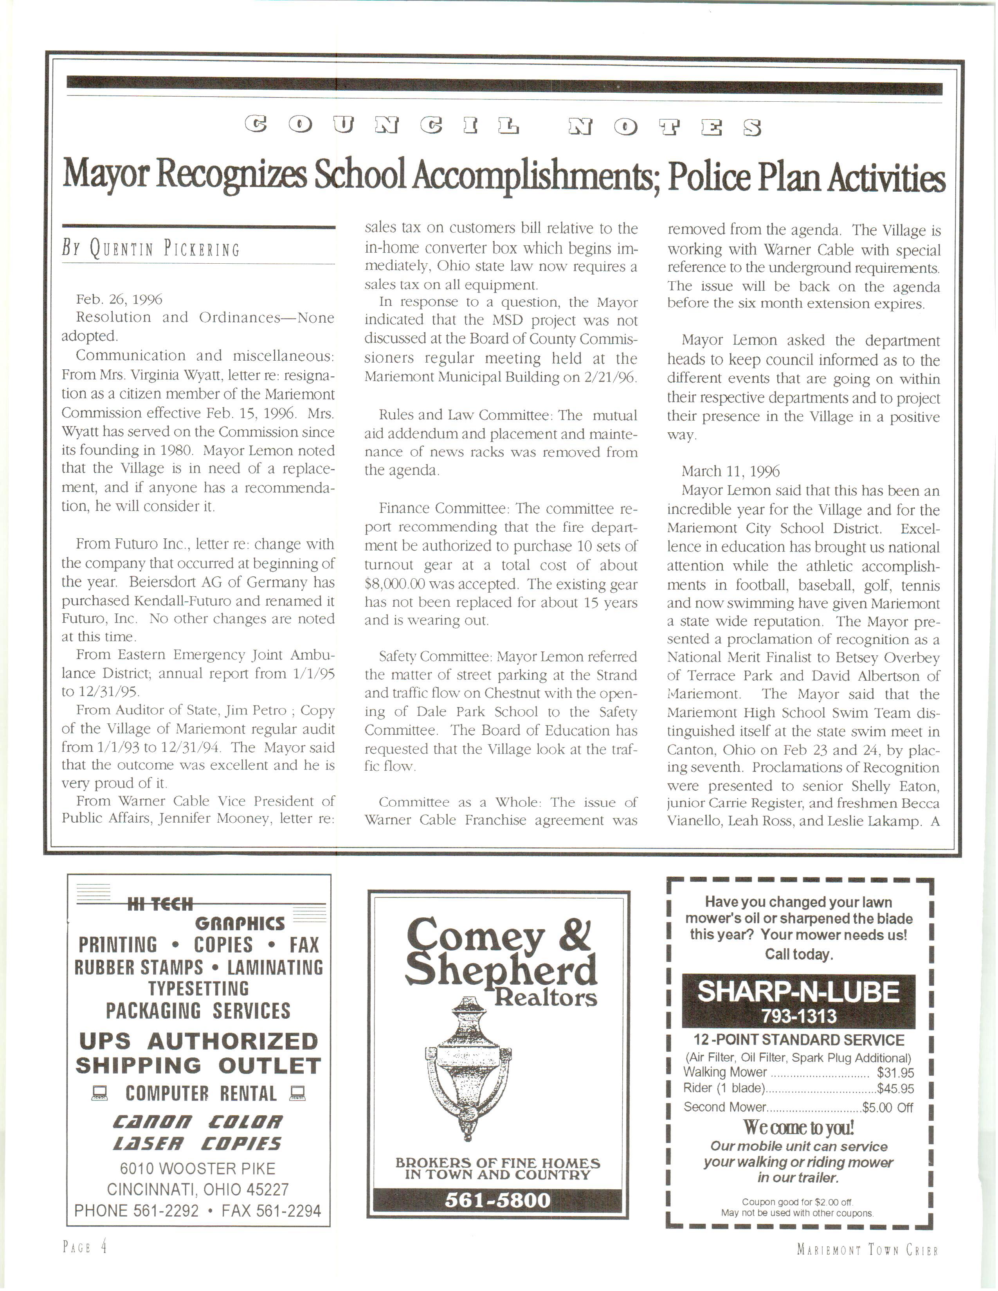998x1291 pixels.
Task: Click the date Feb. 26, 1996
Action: pos(119,300)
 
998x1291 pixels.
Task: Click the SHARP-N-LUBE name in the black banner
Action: pos(798,991)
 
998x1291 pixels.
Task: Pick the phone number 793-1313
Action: pos(798,1016)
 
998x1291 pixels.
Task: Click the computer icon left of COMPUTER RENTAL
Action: pos(99,1094)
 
